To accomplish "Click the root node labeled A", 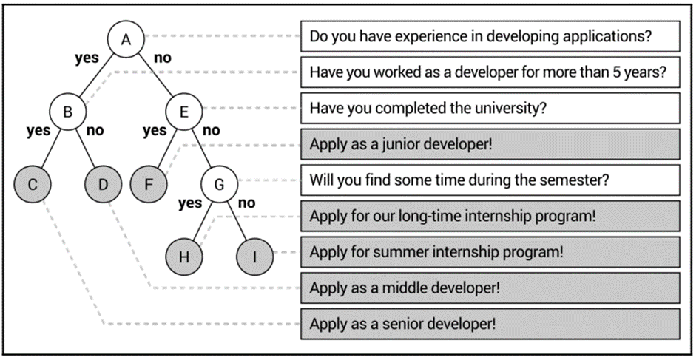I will pyautogui.click(x=126, y=41).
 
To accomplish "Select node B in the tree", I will pyautogui.click(x=67, y=112).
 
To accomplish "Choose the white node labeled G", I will pyautogui.click(x=218, y=184).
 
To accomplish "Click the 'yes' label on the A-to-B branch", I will pyautogui.click(x=87, y=58).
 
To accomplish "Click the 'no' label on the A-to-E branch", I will pyautogui.click(x=162, y=58).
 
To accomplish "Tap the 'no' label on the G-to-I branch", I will pyautogui.click(x=246, y=203).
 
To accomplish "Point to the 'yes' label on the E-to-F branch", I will pyautogui.click(x=155, y=131).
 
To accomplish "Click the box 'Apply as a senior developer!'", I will pyautogui.click(x=490, y=323).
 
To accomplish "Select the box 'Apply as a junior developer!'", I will pyautogui.click(x=490, y=143).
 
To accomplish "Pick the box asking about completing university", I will pyautogui.click(x=490, y=108).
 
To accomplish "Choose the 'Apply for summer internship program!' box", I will pyautogui.click(x=490, y=251).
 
